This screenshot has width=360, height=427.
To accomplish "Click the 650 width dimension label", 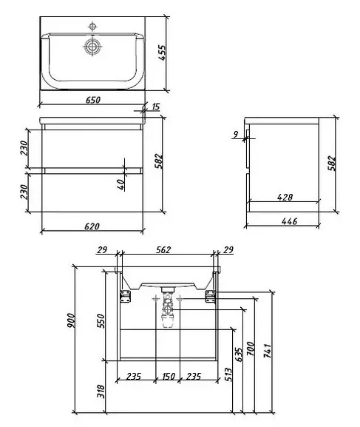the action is coord(93,100).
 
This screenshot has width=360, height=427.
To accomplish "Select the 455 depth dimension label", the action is coord(162,53).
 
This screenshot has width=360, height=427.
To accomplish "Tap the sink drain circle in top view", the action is coord(92,47).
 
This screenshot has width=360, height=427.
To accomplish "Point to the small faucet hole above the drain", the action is coord(92,27).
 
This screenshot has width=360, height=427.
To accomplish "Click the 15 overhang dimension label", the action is coord(155,107).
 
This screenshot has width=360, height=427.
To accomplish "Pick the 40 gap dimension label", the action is coord(122,184).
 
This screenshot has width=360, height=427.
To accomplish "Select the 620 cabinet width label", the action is coord(92,226).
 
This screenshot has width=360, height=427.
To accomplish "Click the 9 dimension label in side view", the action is coord(236,134).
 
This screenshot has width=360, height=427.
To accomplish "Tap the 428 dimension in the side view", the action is coord(285,197).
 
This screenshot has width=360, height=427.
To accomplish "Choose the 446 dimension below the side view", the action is coord(289,221).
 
